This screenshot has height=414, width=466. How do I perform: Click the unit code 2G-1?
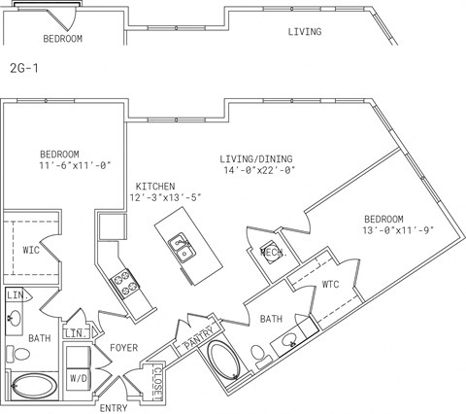pyautogui.click(x=22, y=70)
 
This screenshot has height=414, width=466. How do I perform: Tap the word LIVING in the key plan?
pyautogui.click(x=305, y=32)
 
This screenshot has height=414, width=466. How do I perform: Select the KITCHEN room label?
pyautogui.click(x=155, y=186)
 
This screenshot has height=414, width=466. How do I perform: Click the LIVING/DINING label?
pyautogui.click(x=254, y=158)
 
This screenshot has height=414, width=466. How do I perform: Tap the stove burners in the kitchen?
pyautogui.click(x=125, y=283)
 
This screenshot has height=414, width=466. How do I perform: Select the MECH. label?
pyautogui.click(x=271, y=253)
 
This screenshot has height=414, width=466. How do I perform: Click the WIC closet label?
pyautogui.click(x=32, y=250)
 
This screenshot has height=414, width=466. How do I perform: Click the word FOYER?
pyautogui.click(x=123, y=347)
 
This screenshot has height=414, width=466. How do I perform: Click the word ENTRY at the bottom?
pyautogui.click(x=115, y=407)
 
